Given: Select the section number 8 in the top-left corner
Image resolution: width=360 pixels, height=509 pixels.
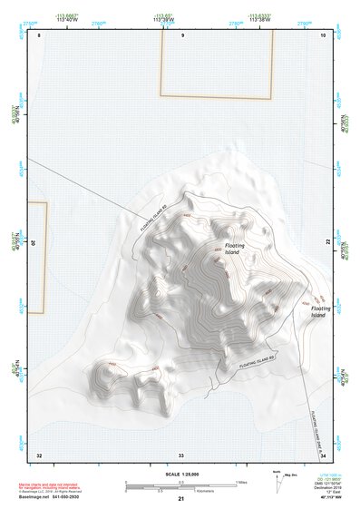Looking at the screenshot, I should pyautogui.click(x=39, y=34).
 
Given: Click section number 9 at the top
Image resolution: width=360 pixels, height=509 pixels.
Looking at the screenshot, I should pyautogui.click(x=182, y=34).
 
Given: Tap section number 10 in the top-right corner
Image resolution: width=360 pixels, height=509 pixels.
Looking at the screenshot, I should pyautogui.click(x=324, y=34).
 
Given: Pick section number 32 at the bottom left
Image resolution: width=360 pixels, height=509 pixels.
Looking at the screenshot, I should pyautogui.click(x=39, y=455).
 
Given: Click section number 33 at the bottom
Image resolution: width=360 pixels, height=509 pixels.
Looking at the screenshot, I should pyautogui.click(x=181, y=455).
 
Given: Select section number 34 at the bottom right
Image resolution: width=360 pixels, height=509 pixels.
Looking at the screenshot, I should pyautogui.click(x=323, y=455).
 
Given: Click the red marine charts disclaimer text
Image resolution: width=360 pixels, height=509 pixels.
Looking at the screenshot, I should pyautogui.click(x=45, y=487).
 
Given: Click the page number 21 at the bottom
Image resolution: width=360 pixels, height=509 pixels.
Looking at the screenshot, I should pyautogui.click(x=181, y=499).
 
